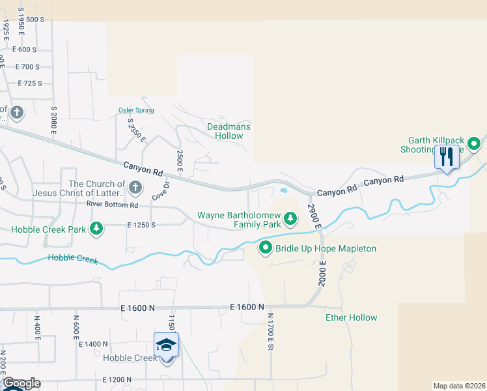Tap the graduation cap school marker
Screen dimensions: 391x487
(166, 345)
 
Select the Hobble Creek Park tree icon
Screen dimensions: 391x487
(96, 228)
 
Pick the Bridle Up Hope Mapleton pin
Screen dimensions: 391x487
(266, 248)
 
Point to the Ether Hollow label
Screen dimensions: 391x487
(351, 318)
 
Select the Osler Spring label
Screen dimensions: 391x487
(136, 110)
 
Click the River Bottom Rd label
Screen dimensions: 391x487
(112, 205)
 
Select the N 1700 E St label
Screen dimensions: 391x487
(269, 331)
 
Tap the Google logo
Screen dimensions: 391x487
(21, 383)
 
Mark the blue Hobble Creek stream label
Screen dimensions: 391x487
(72, 259)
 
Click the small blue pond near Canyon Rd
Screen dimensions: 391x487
(285, 191)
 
